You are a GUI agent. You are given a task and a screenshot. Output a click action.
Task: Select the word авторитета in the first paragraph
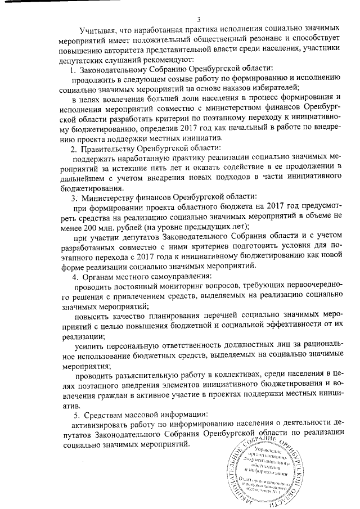(132, 51)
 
